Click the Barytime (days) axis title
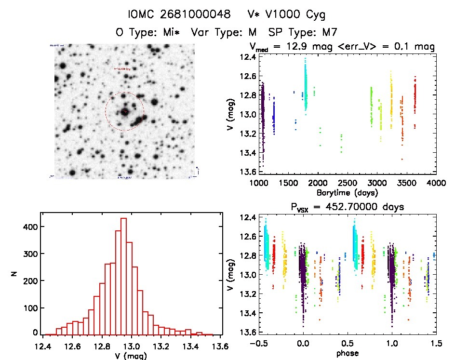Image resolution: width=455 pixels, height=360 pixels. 347,192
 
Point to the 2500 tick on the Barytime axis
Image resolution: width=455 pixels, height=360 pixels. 348,183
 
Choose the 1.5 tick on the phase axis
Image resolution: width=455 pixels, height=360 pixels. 436,345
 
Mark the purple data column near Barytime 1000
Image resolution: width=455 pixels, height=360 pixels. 263,116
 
